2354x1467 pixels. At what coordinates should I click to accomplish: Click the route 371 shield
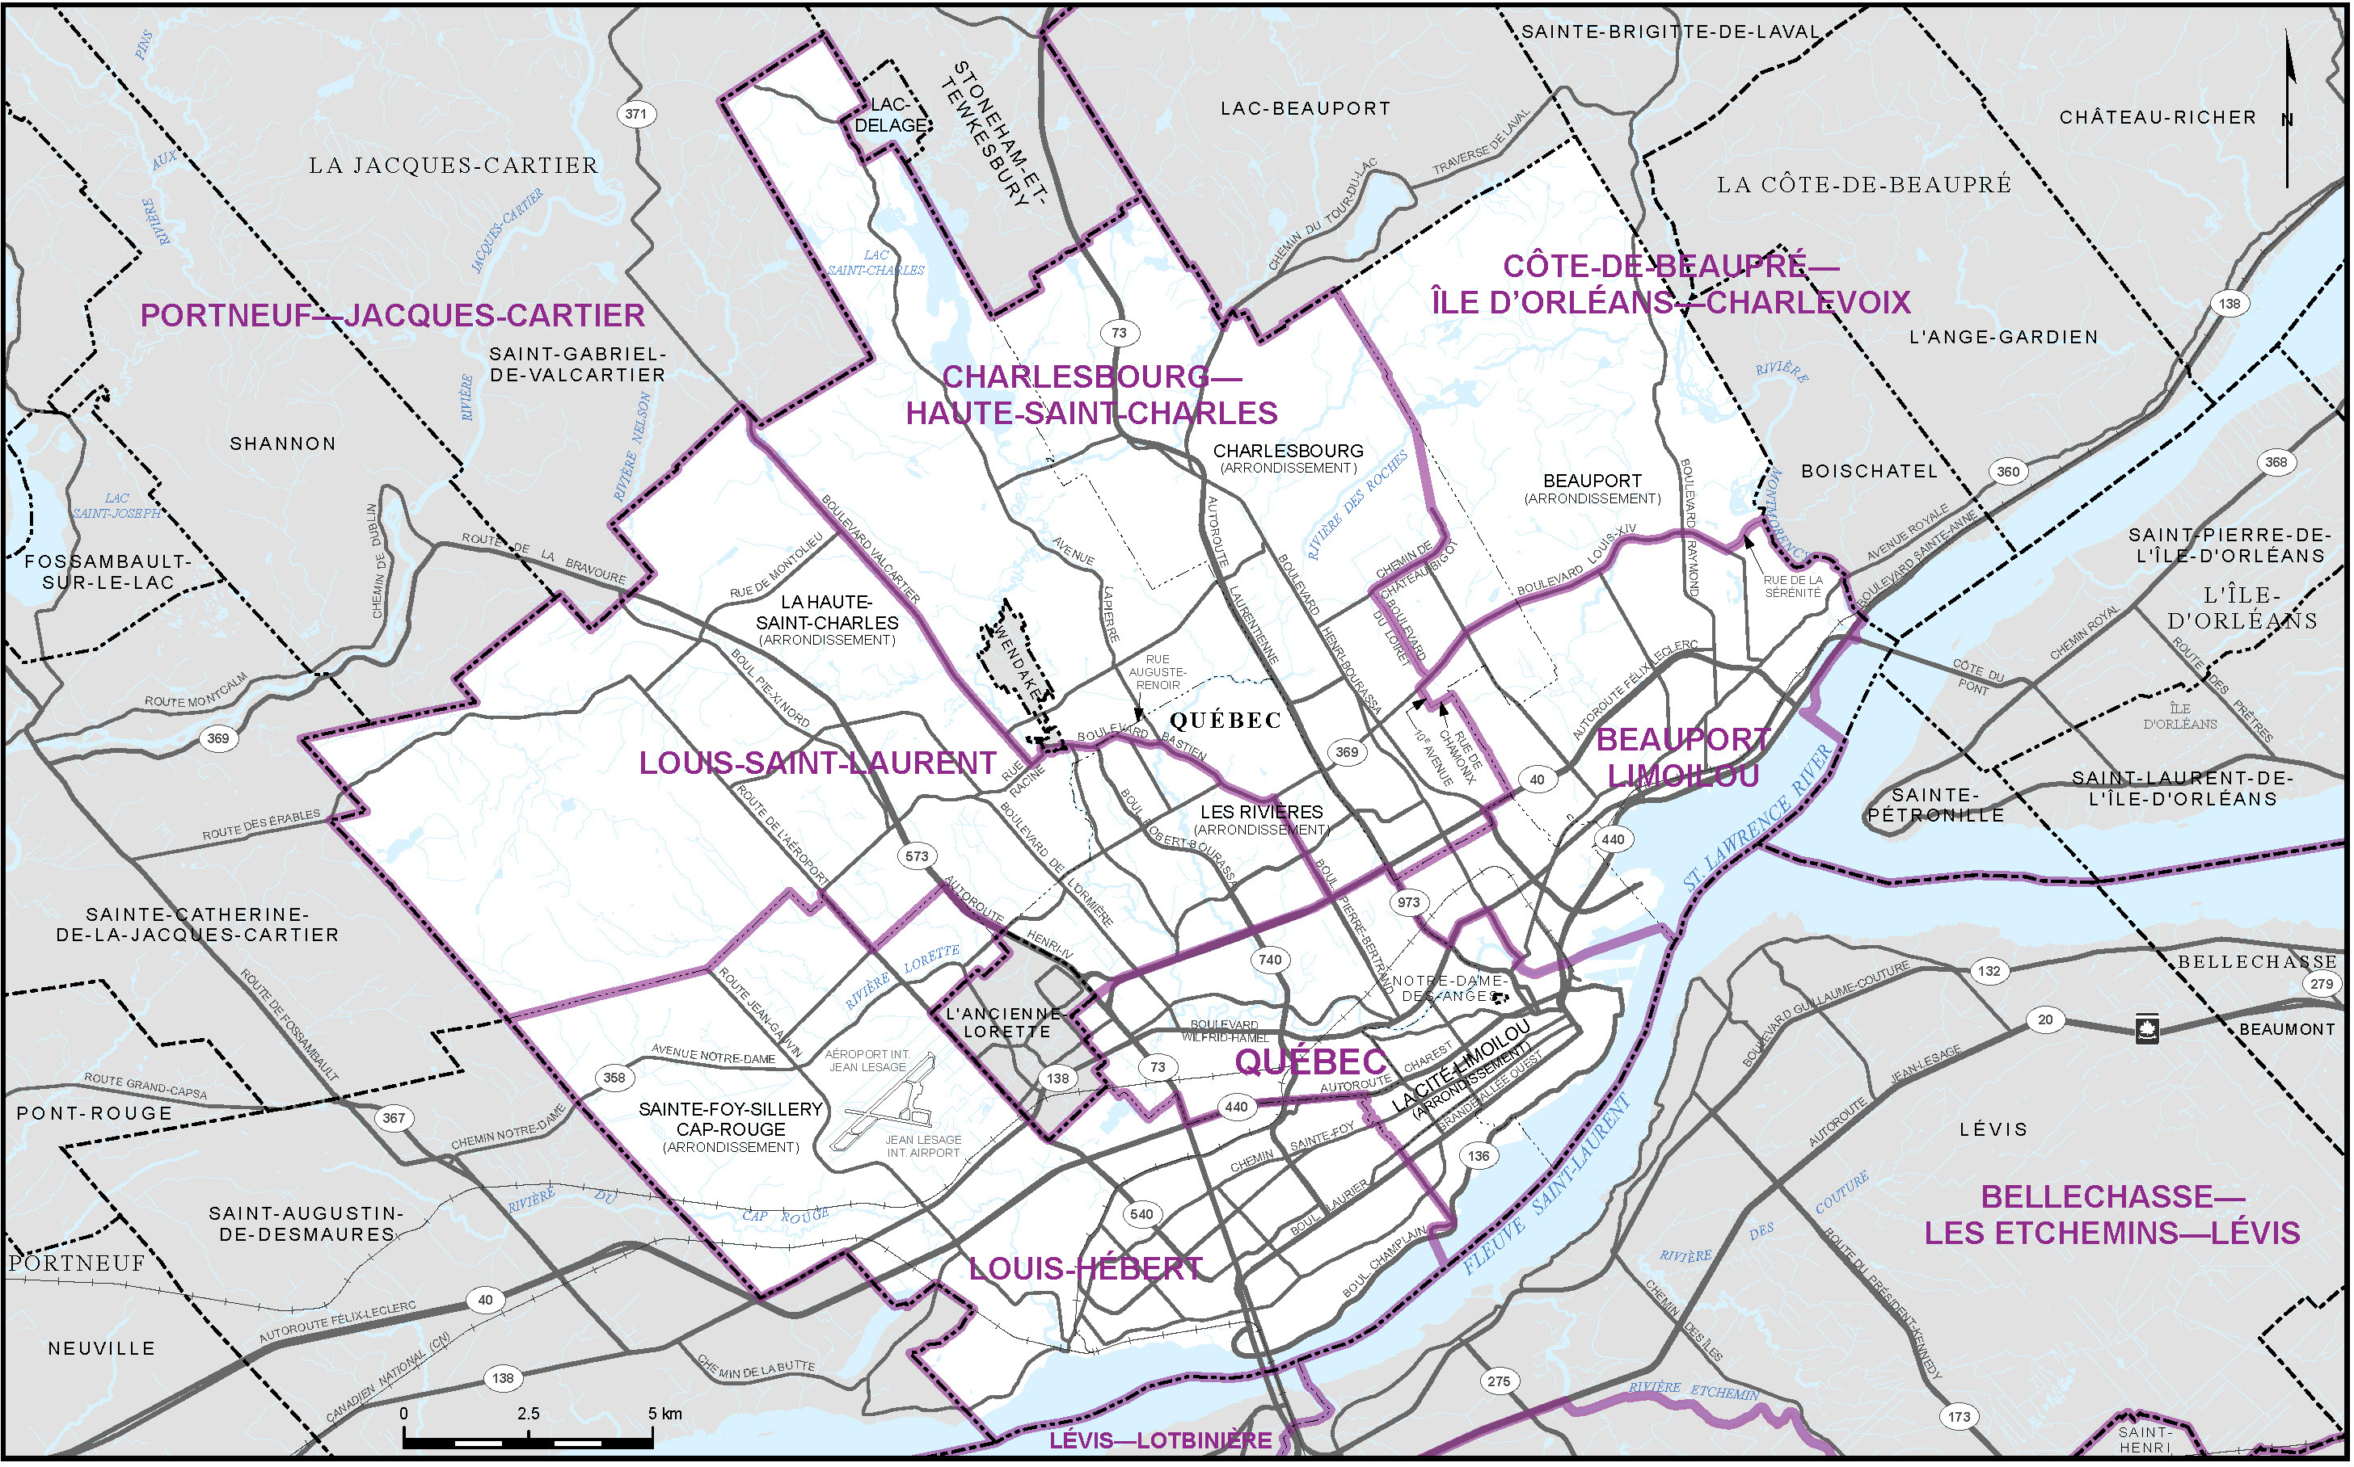636,114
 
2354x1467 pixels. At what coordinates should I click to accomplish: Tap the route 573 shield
918,857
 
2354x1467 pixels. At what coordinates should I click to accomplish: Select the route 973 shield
1408,902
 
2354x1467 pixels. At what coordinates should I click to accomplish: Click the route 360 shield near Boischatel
2007,472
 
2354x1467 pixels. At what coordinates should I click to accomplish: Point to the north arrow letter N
2287,120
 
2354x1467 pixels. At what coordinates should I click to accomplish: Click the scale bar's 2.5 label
528,1414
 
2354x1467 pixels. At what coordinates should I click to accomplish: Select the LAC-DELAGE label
890,116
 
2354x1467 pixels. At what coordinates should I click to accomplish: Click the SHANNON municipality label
282,444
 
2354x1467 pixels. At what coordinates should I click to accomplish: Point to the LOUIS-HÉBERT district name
1086,1269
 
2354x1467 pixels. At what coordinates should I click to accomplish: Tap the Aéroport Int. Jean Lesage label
867,1061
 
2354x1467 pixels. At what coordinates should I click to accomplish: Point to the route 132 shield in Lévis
1989,971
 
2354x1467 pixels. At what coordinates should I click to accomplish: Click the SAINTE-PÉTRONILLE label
1935,805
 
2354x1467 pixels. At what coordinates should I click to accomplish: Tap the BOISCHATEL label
1869,472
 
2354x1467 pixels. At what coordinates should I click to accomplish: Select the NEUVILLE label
102,1348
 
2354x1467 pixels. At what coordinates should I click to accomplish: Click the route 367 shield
393,1118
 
